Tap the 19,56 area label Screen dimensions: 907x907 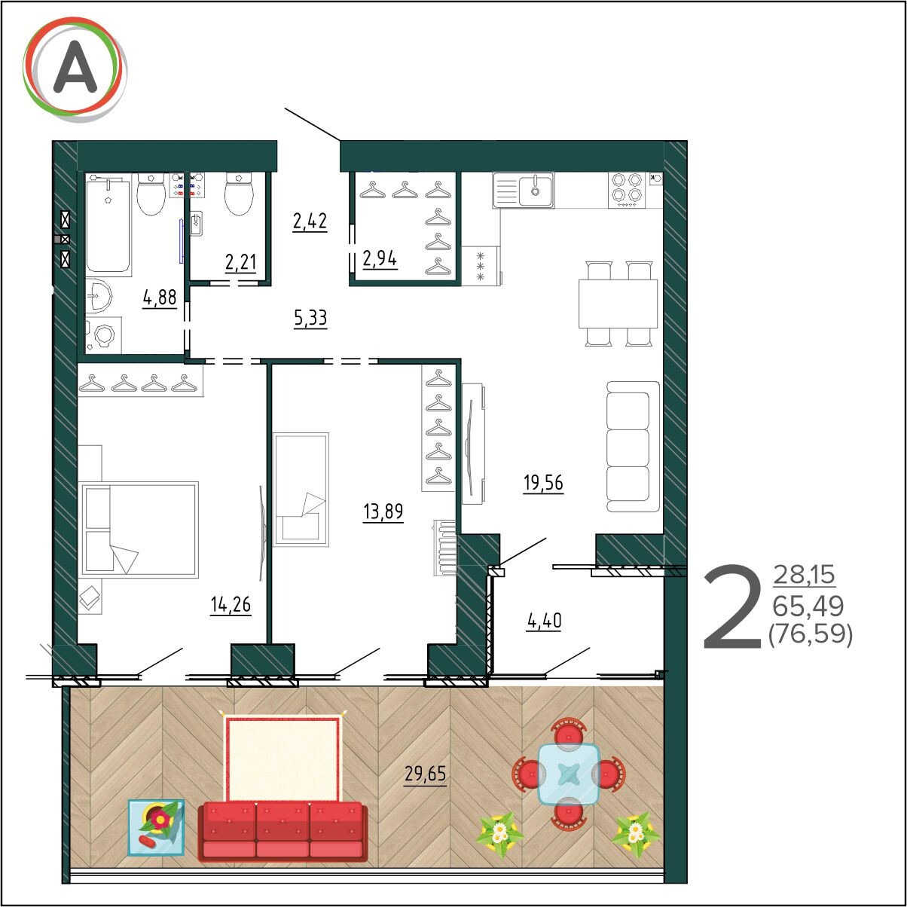tap(543, 483)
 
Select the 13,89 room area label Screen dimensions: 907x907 tap(383, 512)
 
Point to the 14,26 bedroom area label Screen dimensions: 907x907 tap(231, 605)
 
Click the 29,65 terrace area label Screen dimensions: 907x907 tap(425, 774)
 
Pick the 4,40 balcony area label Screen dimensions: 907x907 tap(544, 621)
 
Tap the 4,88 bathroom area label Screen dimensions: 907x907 tap(160, 298)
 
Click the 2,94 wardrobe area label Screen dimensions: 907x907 tap(380, 259)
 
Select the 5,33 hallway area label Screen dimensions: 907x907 tap(310, 318)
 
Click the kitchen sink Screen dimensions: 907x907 tap(523, 190)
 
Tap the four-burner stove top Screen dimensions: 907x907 tap(627, 190)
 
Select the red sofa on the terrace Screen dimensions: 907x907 tap(282, 832)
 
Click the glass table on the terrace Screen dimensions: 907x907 tap(569, 774)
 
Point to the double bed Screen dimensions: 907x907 tap(139, 529)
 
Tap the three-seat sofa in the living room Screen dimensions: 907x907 tap(633, 446)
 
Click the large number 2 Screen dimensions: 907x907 tap(732, 608)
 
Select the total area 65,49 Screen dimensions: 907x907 tap(808, 606)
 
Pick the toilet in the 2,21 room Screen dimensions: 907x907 tap(239, 193)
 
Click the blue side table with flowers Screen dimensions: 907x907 tap(157, 827)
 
